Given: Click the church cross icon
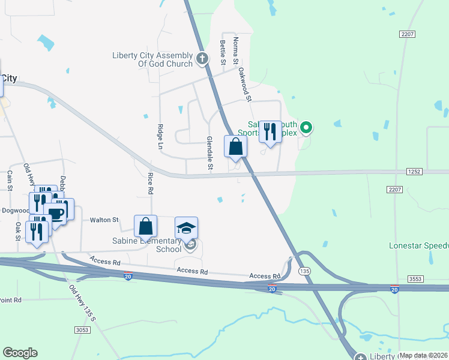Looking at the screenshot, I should point(202,59).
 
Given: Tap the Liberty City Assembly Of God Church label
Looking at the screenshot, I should point(153,59).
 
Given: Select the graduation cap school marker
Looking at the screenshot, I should point(186,227).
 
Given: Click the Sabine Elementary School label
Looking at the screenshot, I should point(146,245).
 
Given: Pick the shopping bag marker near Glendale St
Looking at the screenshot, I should point(235,146).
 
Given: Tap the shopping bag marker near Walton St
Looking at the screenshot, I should point(145,226).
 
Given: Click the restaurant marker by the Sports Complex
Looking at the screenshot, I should point(270,131).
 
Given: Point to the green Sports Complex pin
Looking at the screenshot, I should point(306,127).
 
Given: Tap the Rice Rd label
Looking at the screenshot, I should point(150,184).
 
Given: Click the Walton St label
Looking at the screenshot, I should point(104,220).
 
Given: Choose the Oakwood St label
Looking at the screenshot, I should point(246,83).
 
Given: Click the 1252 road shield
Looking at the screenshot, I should point(414,172).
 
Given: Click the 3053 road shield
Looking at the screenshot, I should point(83,330).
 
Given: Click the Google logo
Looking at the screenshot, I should point(20,352).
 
